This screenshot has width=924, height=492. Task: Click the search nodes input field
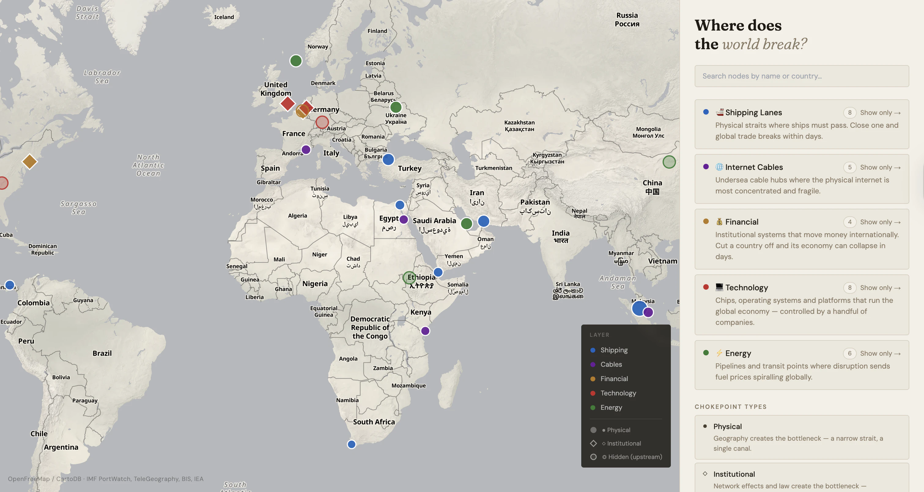pos(801,76)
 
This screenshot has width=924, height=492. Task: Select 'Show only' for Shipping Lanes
pos(880,112)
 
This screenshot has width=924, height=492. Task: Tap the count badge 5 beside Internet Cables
pos(849,167)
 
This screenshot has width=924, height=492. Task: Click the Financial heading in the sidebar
pos(741,222)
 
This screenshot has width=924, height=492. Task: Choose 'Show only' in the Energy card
pos(880,353)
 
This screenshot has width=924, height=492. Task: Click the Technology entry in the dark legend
pos(618,393)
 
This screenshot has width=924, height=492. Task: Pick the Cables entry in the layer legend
pos(611,364)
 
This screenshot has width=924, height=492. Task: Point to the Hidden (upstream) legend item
pos(634,457)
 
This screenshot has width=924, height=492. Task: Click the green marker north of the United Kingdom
pos(296,61)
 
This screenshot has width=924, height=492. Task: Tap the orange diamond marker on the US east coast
pos(30,162)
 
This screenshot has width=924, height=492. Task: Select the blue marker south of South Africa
pos(352,444)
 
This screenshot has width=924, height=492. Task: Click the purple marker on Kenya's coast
pos(425,331)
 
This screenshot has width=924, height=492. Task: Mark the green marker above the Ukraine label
pos(396,107)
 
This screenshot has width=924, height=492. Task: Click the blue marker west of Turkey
pos(388,159)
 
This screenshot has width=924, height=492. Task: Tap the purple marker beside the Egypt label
pos(404,219)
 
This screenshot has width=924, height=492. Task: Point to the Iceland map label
pos(224,17)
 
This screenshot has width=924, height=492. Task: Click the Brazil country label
pos(102,353)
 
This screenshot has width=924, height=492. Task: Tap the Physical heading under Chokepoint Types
pos(727,426)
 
